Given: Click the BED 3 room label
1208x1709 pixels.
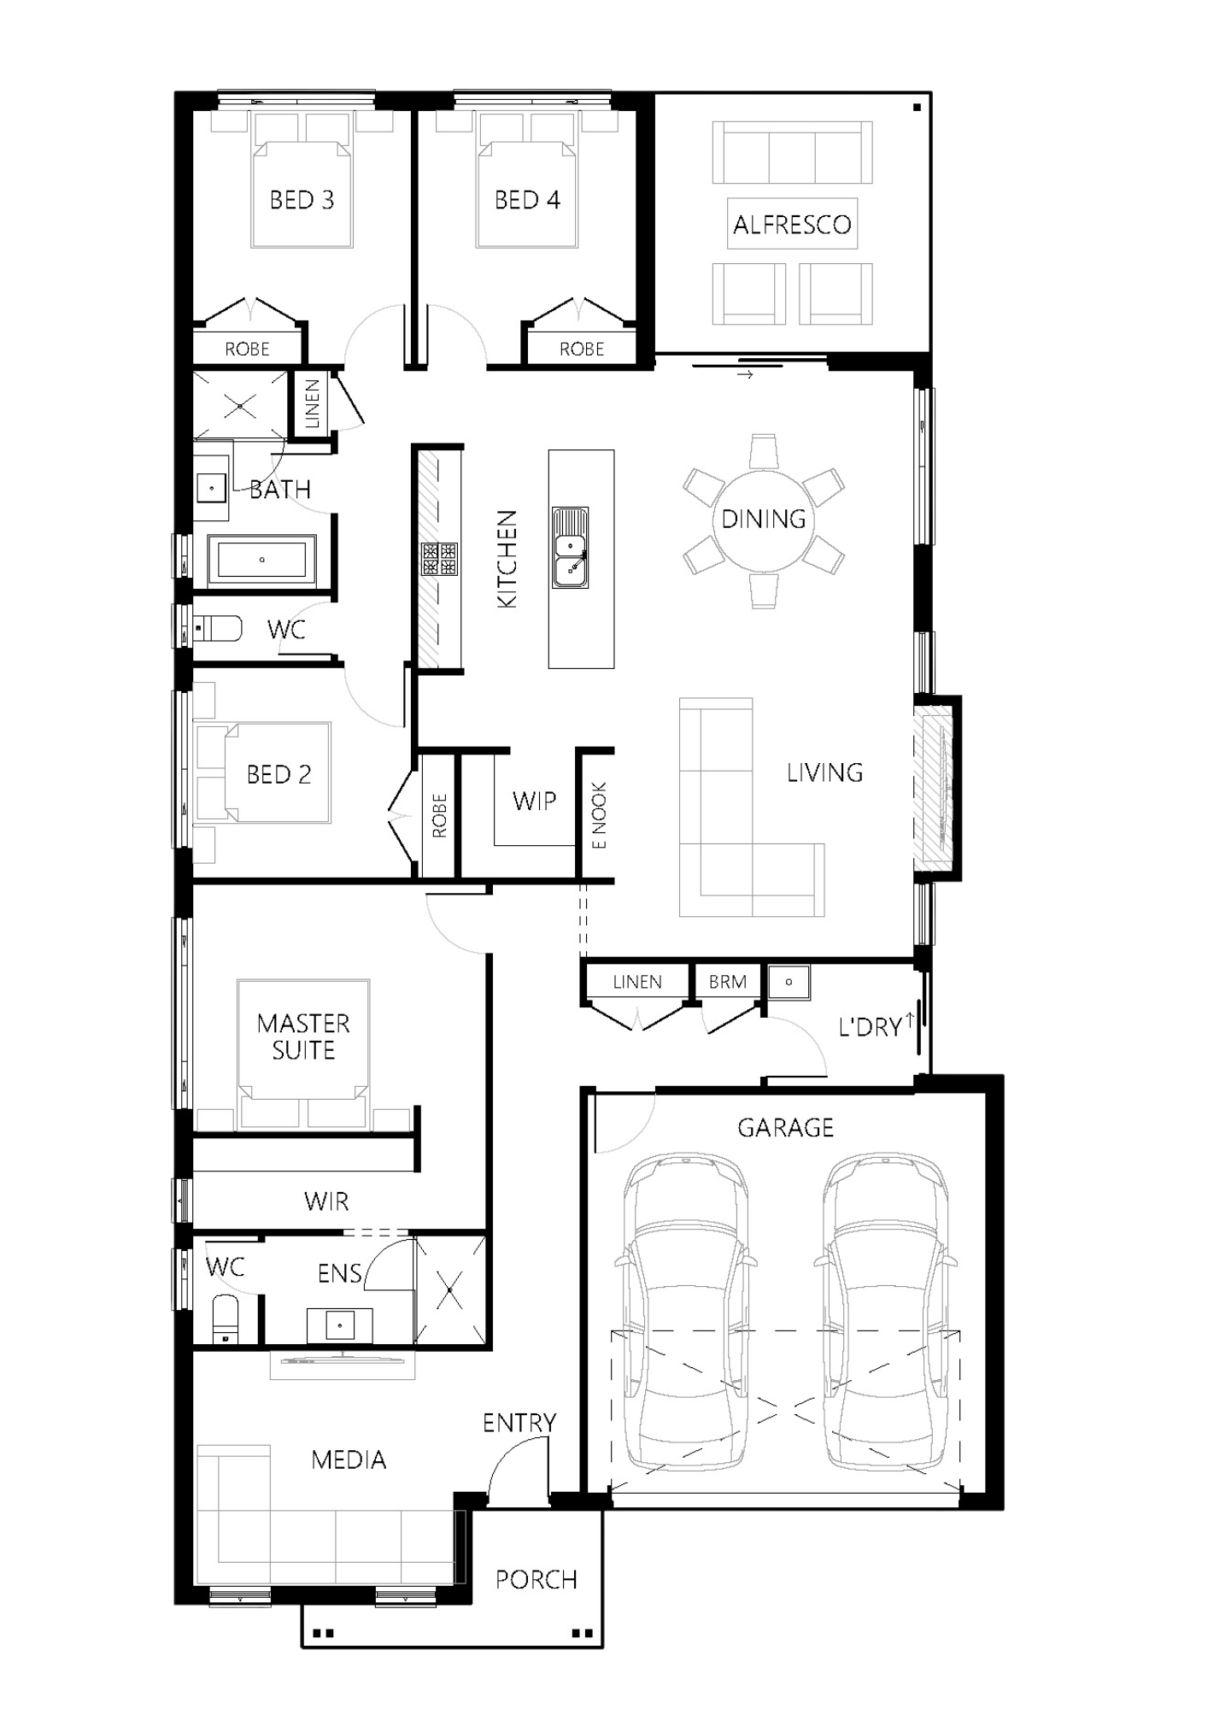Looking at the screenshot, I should pos(302,200).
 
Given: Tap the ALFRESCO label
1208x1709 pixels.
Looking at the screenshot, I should pos(792,225).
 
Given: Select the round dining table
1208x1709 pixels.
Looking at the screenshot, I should pos(763,519).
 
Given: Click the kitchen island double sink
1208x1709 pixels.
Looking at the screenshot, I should pos(570,548).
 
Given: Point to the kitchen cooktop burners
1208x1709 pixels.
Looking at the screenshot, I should pos(439,559).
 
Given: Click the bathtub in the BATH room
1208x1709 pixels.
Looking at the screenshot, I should pos(262,560).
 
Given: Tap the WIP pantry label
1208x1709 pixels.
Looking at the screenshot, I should pos(534,801).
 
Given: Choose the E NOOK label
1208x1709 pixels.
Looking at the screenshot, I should pos(600,815).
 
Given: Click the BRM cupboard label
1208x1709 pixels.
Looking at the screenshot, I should pos(727,982).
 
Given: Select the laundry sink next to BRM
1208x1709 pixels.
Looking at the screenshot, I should pos(788,982).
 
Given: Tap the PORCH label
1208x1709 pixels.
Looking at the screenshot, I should pos(537,1579).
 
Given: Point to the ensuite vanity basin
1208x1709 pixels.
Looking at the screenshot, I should pos(339,1325).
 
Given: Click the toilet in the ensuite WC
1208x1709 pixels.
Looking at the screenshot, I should pos(226,1320).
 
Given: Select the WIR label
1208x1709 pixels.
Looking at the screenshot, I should pos(325,1201).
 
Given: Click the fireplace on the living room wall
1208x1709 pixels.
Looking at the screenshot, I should pos(934,788).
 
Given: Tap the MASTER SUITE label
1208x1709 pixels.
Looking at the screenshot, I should pos(303,1037).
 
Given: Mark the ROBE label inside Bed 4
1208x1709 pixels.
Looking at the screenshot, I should pos(582,349).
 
